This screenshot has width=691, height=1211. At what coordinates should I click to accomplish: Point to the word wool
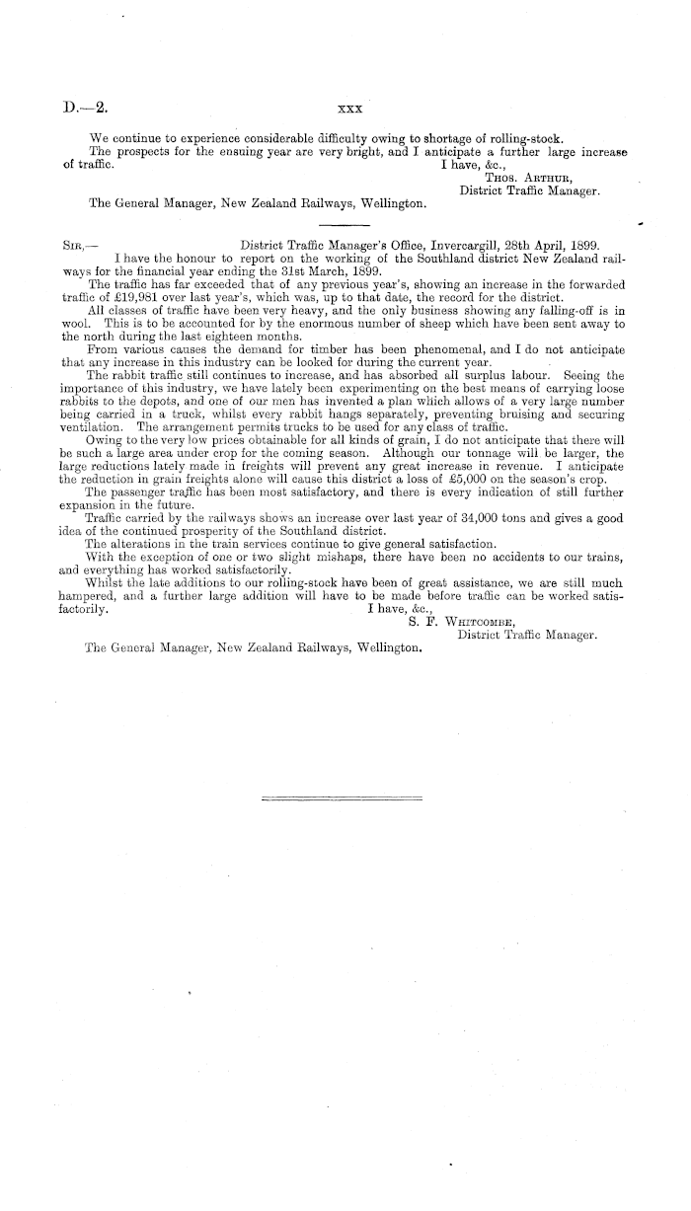[x=75, y=323]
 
